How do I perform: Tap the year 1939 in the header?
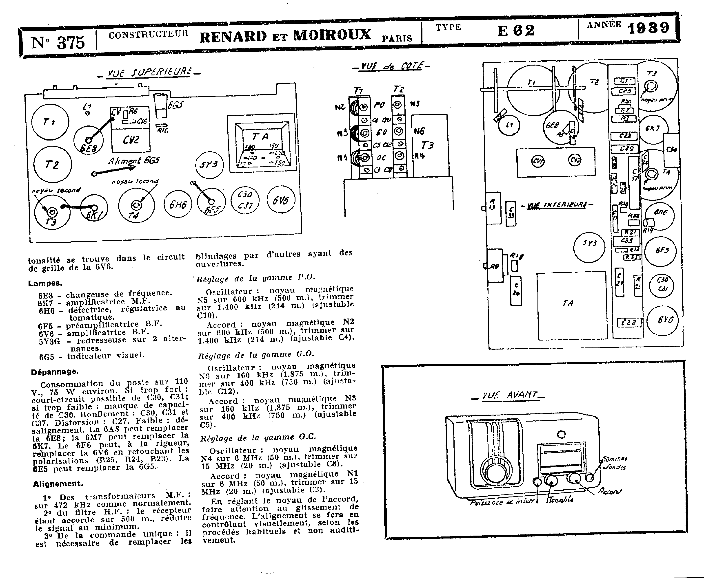tap(648, 28)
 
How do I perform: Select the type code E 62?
tap(516, 31)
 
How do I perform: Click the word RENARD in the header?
tap(233, 36)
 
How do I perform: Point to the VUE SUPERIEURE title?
tap(149, 73)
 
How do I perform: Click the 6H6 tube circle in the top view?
tap(178, 204)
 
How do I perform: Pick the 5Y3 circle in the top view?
tap(209, 165)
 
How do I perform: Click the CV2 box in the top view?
tap(131, 140)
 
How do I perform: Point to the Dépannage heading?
tap(55, 372)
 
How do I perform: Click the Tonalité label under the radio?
tap(560, 499)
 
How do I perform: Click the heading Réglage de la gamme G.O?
tap(256, 355)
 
